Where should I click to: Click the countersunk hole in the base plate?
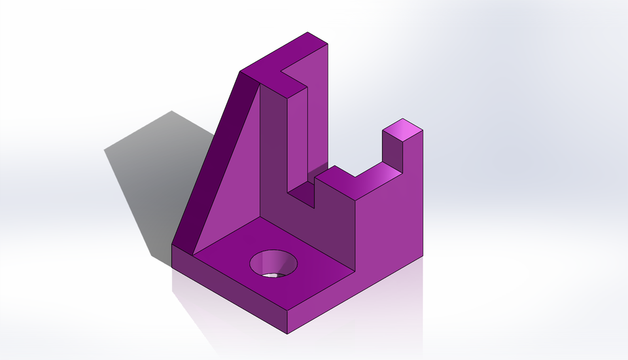[273, 263]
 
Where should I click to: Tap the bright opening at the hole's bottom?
[275, 274]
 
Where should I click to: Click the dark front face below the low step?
[334, 223]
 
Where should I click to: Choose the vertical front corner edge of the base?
[287, 321]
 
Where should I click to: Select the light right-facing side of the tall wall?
[317, 111]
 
